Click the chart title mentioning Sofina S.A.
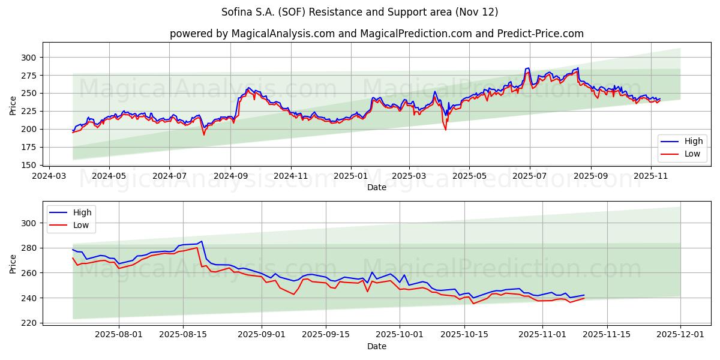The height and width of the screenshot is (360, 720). click(x=360, y=12)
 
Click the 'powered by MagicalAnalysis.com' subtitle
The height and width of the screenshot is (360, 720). click(x=376, y=34)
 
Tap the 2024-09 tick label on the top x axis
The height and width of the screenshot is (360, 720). click(x=230, y=176)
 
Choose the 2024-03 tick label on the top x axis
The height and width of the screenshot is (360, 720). click(x=49, y=176)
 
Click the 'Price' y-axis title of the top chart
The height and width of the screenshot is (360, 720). click(x=13, y=106)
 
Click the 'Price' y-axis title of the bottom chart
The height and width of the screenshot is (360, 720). click(x=13, y=264)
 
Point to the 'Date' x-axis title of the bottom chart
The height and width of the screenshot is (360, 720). click(x=376, y=346)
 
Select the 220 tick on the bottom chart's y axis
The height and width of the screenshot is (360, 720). click(x=28, y=323)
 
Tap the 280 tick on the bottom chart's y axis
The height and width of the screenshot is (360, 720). click(x=28, y=248)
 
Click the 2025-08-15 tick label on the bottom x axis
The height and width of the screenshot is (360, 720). click(x=183, y=334)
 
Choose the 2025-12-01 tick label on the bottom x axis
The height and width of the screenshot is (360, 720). click(x=680, y=334)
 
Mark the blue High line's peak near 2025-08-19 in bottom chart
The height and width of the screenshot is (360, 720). click(x=202, y=241)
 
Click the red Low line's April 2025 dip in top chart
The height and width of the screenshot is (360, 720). click(x=445, y=130)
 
